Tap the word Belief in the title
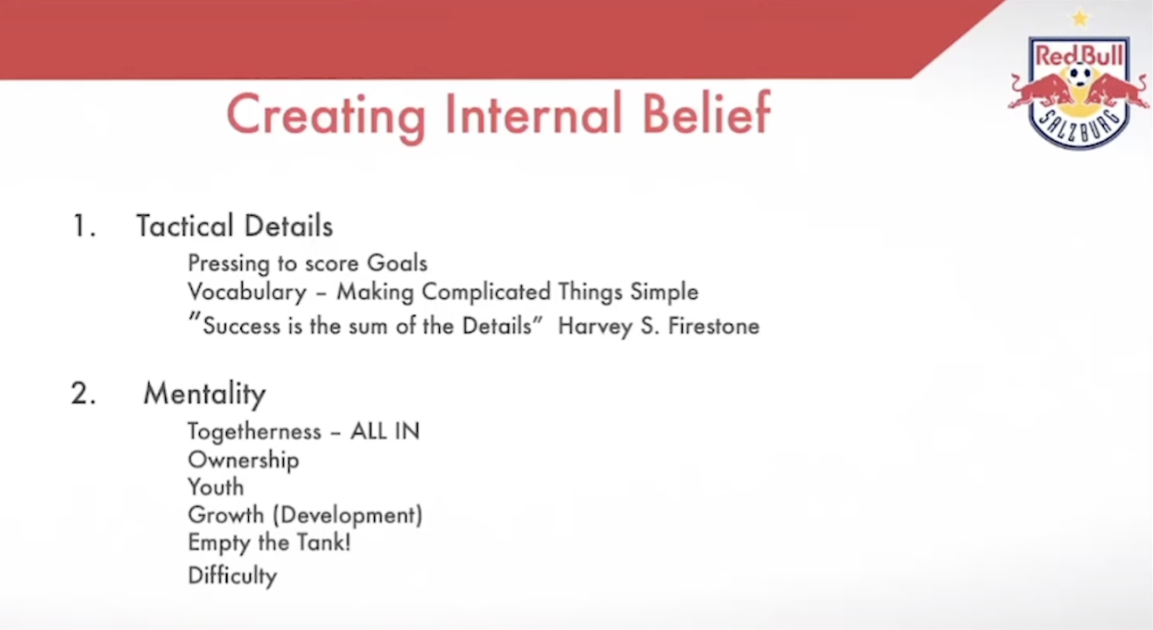click(x=707, y=112)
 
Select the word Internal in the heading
click(x=534, y=113)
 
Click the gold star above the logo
click(x=1080, y=19)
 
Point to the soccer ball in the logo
click(x=1080, y=75)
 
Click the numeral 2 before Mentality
click(x=83, y=394)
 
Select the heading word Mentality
click(x=204, y=394)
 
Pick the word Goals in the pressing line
click(x=397, y=263)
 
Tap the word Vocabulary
click(x=247, y=293)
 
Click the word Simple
click(x=664, y=293)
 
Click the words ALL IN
click(x=385, y=431)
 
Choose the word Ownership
click(x=243, y=460)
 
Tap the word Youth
click(x=216, y=487)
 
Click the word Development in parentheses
click(x=347, y=516)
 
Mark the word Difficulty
click(x=232, y=576)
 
